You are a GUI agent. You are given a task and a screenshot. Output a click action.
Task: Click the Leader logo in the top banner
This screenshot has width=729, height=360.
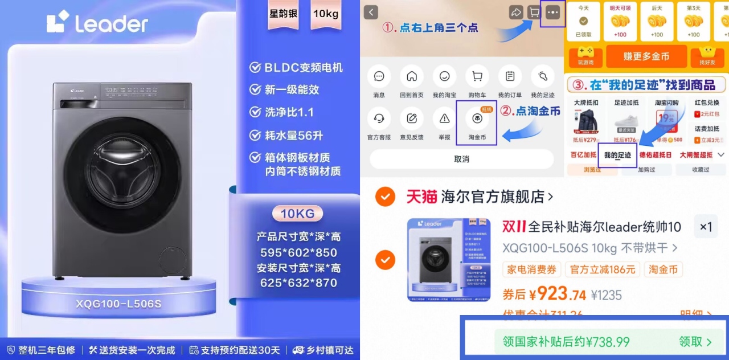[97, 23]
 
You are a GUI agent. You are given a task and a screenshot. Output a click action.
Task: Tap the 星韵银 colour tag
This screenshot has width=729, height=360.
[283, 13]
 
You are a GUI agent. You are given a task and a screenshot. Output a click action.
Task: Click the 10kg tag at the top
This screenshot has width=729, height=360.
[326, 13]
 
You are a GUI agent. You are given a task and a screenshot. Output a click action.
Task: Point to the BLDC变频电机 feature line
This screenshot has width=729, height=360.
[296, 68]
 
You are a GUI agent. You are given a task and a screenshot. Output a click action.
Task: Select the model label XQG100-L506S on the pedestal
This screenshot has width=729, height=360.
[118, 304]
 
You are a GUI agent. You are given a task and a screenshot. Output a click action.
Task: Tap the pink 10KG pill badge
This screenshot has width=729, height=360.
[297, 214]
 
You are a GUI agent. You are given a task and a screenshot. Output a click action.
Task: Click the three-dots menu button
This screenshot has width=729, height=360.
[552, 13]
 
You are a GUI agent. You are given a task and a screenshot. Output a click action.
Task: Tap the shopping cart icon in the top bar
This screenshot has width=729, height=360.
[534, 13]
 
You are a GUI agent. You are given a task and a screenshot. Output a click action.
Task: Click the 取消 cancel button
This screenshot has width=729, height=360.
[461, 159]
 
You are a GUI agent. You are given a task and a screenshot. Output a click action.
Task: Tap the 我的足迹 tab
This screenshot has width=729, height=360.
[617, 155]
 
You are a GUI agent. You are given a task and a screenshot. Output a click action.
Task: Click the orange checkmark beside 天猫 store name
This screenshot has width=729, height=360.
[385, 197]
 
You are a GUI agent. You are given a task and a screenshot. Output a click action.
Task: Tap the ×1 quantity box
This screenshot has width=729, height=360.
[706, 227]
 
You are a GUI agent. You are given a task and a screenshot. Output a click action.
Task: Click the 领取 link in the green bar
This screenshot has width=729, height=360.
[695, 342]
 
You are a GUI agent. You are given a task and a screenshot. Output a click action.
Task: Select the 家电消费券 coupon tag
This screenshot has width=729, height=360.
[531, 269]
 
